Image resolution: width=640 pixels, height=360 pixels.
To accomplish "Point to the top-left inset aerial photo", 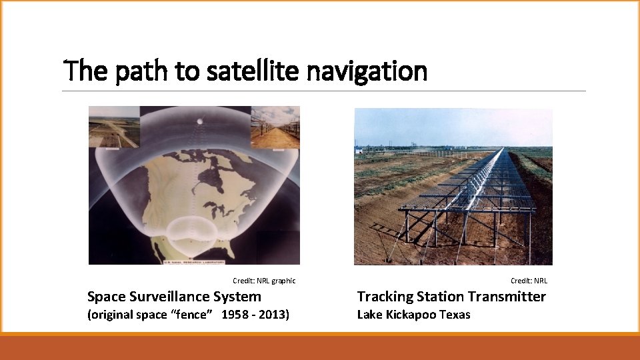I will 114,127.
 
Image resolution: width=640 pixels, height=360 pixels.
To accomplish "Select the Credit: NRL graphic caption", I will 263,281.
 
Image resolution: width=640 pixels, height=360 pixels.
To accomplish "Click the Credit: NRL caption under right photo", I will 529,281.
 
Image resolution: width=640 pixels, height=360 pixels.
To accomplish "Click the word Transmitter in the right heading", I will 507,297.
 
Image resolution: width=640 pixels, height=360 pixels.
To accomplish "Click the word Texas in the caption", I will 455,315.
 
